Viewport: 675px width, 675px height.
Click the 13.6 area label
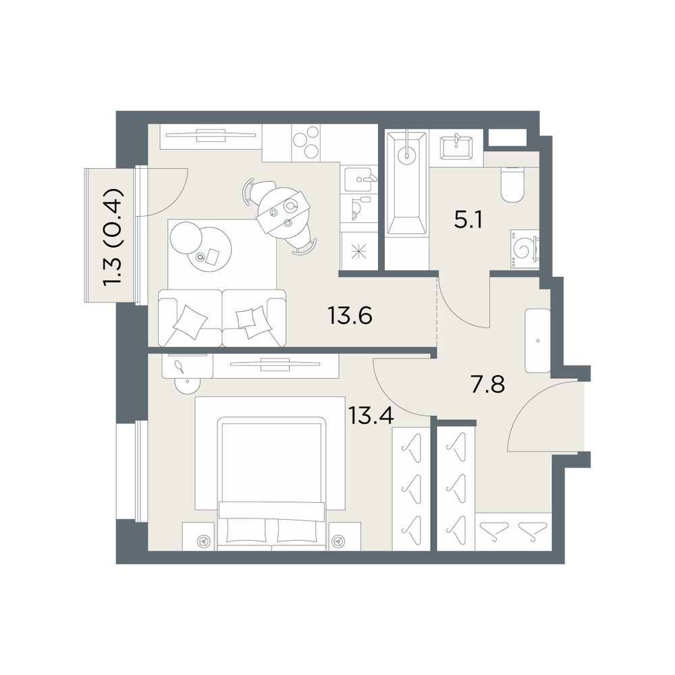350,315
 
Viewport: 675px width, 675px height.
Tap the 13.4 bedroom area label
371,415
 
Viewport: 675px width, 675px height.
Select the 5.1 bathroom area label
468,221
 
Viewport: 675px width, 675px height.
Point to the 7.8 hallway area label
488,385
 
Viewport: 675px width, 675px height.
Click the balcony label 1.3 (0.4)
113,236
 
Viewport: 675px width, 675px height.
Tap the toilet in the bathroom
512,185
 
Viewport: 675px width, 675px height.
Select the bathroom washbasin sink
456,148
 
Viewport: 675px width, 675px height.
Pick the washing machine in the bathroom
524,249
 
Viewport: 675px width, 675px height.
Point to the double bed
271,483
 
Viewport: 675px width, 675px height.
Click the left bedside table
198,537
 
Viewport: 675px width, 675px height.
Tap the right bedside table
345,537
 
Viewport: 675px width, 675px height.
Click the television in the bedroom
275,364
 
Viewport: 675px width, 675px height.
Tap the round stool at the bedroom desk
187,384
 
